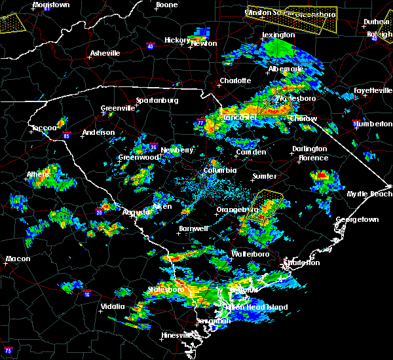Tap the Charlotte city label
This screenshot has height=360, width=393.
click(x=234, y=81)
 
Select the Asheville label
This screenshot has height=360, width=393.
click(x=105, y=53)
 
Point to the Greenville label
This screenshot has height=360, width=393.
click(x=117, y=109)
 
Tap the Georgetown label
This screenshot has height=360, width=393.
click(x=357, y=220)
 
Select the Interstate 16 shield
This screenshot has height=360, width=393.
click(x=87, y=294)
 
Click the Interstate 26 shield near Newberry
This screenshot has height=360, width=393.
click(x=152, y=147)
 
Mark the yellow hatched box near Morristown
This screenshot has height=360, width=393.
click(x=11, y=23)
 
